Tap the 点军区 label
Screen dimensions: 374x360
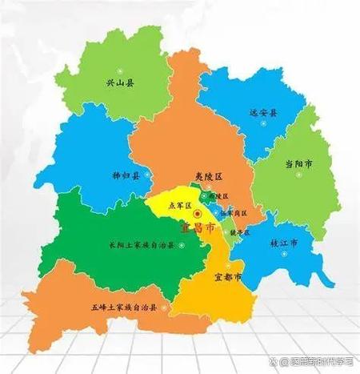(x=177, y=205)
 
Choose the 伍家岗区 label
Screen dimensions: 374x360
(x=234, y=213)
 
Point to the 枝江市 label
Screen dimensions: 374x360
(x=282, y=240)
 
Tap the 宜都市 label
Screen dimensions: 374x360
(x=228, y=277)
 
